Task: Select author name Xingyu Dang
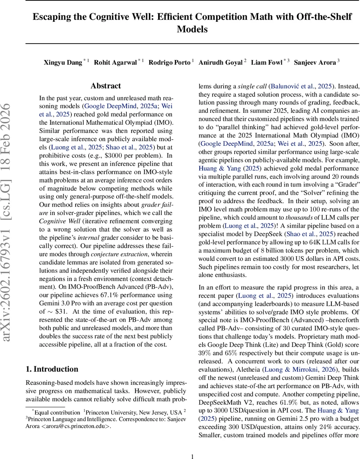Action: click(x=63, y=62)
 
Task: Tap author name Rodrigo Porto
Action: click(x=169, y=62)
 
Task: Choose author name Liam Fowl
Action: click(x=266, y=62)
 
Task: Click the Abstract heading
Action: click(x=106, y=86)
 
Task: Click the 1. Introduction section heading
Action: click(x=52, y=369)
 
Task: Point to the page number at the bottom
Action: click(x=192, y=446)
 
